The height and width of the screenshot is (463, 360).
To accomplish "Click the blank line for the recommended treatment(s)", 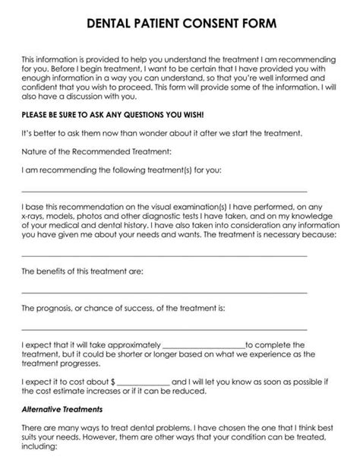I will (x=163, y=190).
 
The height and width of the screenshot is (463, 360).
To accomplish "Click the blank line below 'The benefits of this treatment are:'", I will (x=163, y=291).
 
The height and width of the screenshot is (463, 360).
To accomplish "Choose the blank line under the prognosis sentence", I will (x=163, y=328).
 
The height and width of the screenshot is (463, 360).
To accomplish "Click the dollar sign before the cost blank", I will (x=112, y=382).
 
